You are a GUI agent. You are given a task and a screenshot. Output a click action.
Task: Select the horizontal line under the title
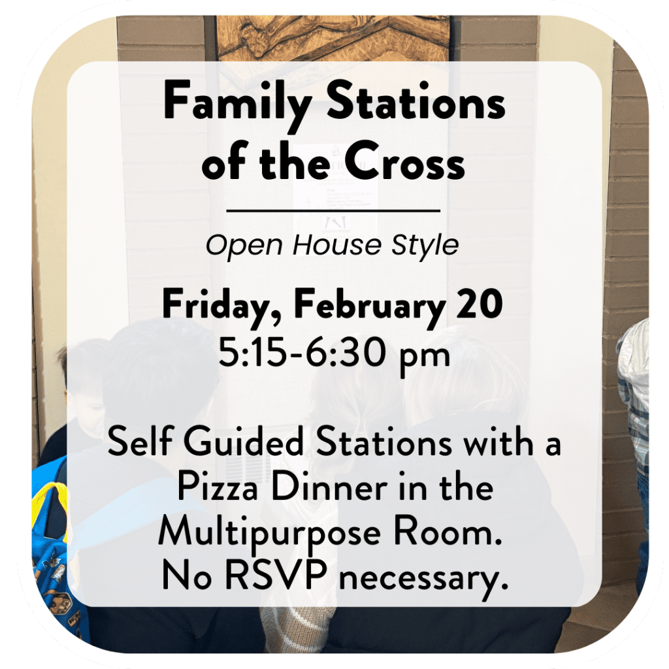333,211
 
